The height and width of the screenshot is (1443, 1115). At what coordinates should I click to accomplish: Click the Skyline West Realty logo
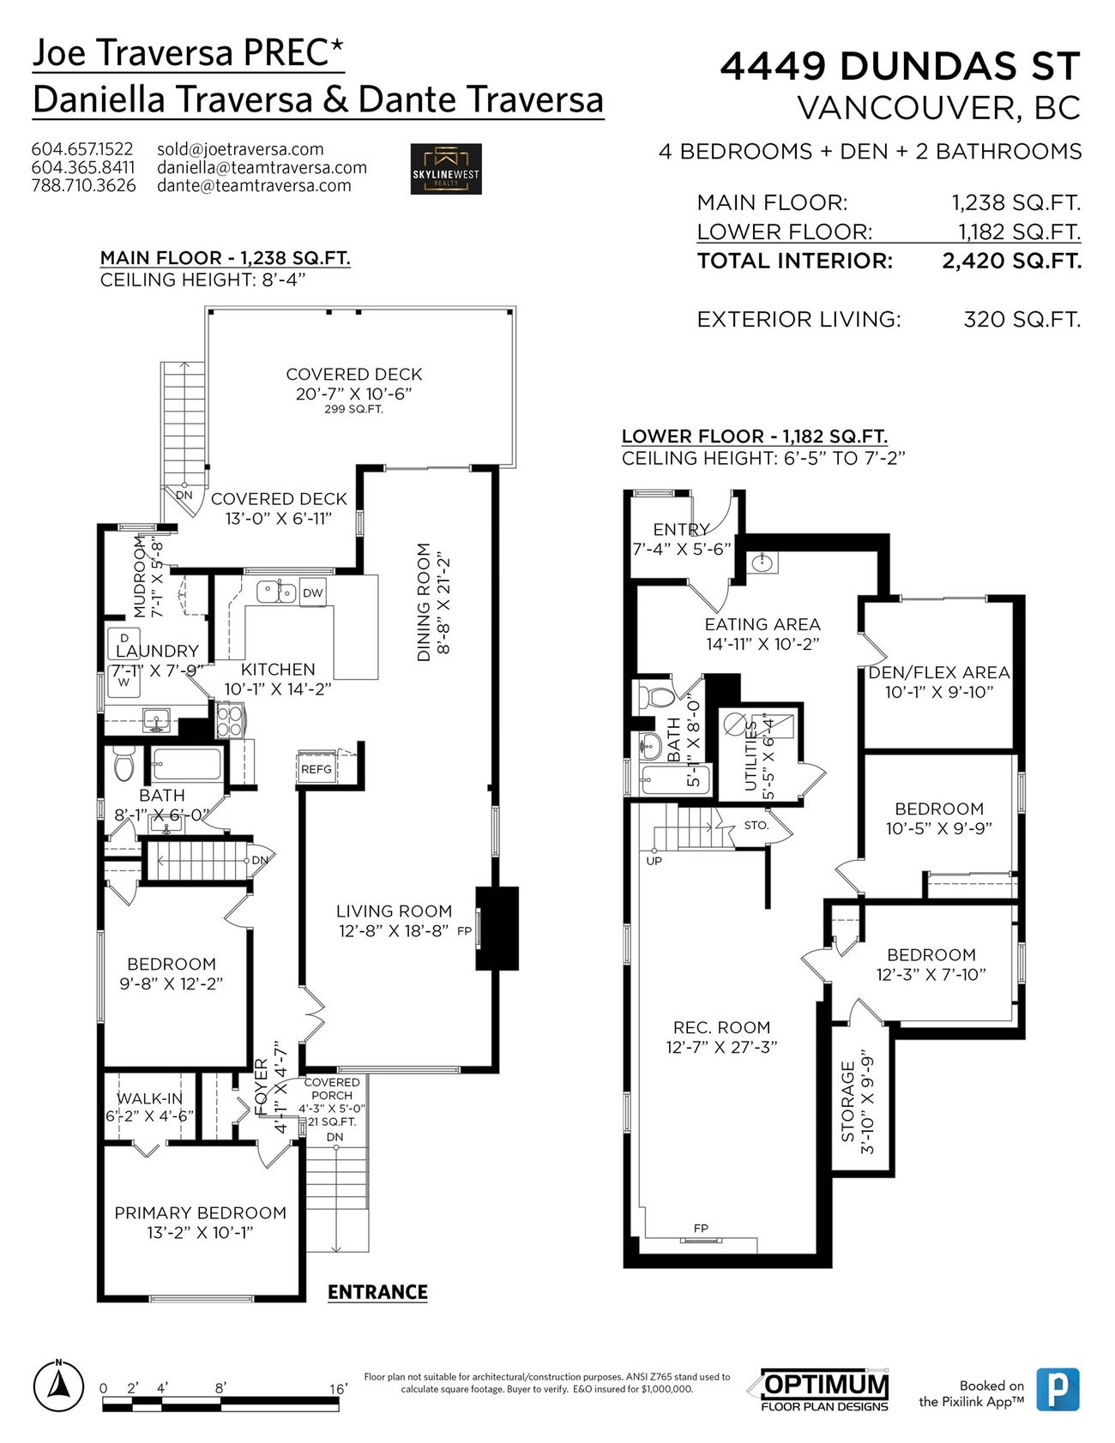tap(445, 169)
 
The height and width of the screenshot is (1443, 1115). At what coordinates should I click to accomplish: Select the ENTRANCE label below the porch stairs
tap(377, 1292)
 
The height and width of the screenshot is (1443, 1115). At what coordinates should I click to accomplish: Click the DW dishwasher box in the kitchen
tap(313, 592)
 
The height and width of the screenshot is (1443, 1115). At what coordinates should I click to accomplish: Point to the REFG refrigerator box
tap(316, 768)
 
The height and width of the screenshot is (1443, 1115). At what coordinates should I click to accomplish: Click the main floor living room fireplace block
tap(497, 929)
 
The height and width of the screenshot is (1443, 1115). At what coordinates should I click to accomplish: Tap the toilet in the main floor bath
tap(124, 764)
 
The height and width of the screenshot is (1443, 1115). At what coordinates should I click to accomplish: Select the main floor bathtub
tap(186, 763)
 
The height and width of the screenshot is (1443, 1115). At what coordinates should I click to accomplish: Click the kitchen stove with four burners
tap(230, 719)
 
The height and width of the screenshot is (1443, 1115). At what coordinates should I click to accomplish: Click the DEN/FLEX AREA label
tap(939, 672)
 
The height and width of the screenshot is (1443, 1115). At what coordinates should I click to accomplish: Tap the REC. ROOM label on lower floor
tap(721, 1027)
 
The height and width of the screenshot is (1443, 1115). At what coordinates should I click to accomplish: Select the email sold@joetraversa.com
tap(240, 149)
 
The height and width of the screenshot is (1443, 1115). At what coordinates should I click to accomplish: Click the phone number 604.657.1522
tap(82, 149)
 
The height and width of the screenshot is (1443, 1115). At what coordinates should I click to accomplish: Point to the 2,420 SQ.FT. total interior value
tap(1012, 261)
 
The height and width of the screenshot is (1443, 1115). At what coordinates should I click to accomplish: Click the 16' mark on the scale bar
tap(339, 1388)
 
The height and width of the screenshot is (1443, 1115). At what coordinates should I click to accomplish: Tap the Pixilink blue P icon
tap(1058, 1389)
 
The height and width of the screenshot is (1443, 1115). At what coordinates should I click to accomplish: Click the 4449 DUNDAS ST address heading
tap(900, 66)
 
